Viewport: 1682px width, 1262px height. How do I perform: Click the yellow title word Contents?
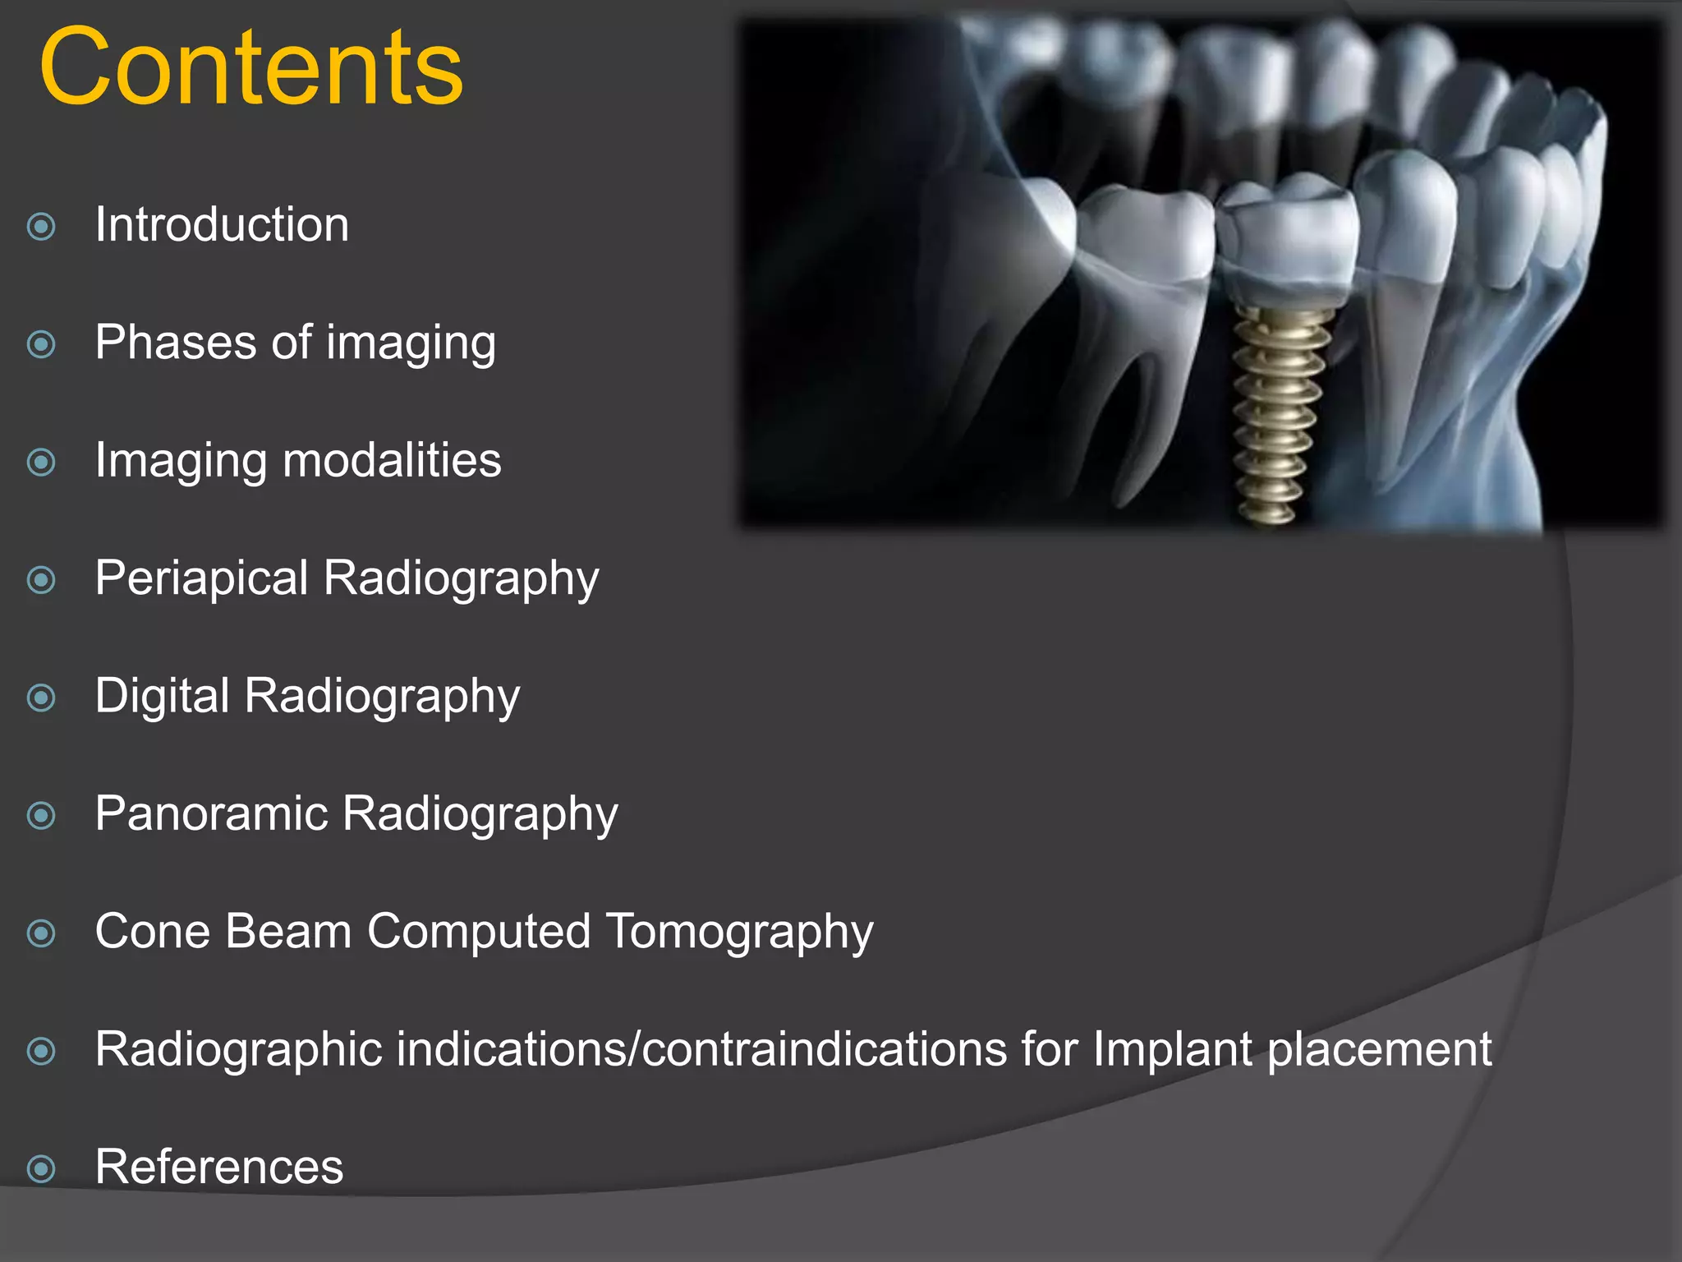point(250,67)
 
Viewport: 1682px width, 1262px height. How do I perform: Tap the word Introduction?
point(222,224)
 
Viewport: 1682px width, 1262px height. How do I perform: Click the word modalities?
point(392,459)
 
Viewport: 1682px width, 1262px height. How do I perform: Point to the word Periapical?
point(201,578)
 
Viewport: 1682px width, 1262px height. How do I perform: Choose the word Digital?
point(162,696)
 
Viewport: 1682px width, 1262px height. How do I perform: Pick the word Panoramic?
point(211,813)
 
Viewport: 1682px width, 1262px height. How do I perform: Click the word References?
point(219,1167)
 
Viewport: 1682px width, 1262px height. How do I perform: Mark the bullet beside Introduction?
point(41,227)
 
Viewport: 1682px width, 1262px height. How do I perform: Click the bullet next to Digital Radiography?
point(41,698)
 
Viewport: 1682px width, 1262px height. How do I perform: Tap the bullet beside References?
point(41,1169)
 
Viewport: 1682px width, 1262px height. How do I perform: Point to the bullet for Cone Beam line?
point(41,933)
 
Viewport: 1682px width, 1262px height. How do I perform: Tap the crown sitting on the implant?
point(1285,238)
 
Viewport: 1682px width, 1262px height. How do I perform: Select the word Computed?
point(479,933)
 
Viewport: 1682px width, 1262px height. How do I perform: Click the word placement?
point(1379,1050)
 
